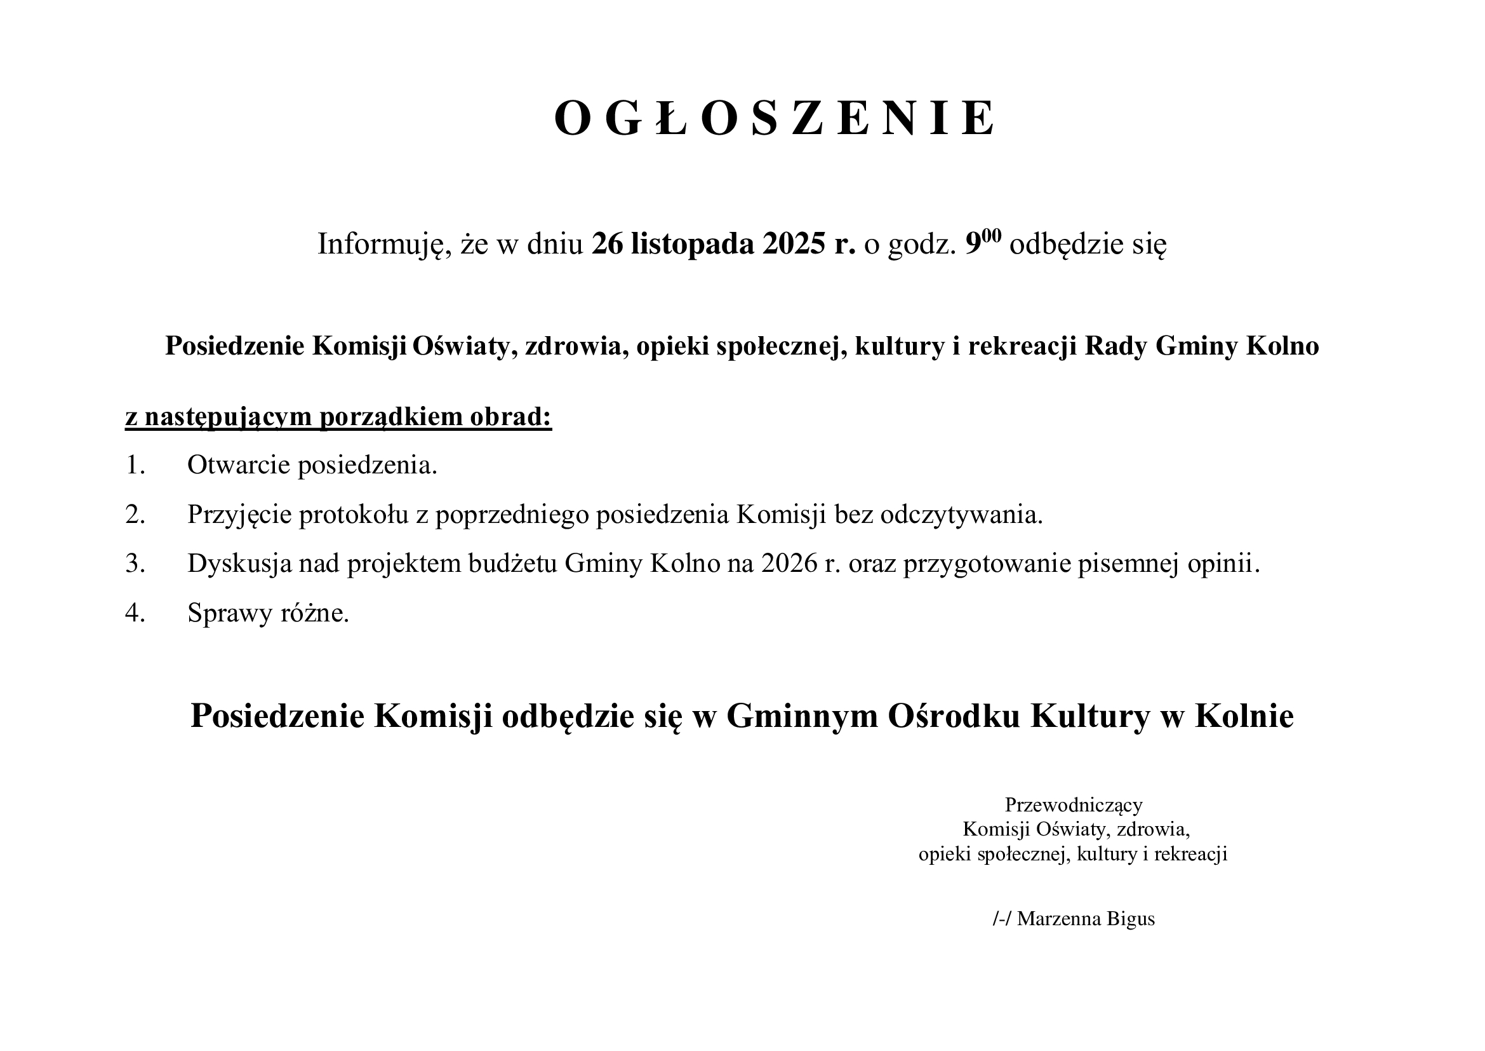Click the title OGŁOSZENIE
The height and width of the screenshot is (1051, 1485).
[x=775, y=119]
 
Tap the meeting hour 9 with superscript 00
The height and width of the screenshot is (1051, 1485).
[x=982, y=243]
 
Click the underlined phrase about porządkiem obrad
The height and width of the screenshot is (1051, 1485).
[x=338, y=417]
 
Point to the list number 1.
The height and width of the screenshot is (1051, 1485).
[x=135, y=465]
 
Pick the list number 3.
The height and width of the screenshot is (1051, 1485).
[x=135, y=564]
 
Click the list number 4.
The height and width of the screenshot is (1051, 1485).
[x=135, y=613]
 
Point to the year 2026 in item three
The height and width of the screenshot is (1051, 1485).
[x=790, y=564]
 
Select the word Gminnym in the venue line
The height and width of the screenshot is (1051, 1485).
[x=802, y=716]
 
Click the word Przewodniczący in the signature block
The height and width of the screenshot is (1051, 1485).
[x=1074, y=805]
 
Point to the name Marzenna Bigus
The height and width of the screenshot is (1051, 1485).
[x=1086, y=919]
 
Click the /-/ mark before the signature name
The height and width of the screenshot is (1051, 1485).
[x=1002, y=919]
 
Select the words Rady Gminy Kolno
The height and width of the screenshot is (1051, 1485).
[x=1202, y=346]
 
